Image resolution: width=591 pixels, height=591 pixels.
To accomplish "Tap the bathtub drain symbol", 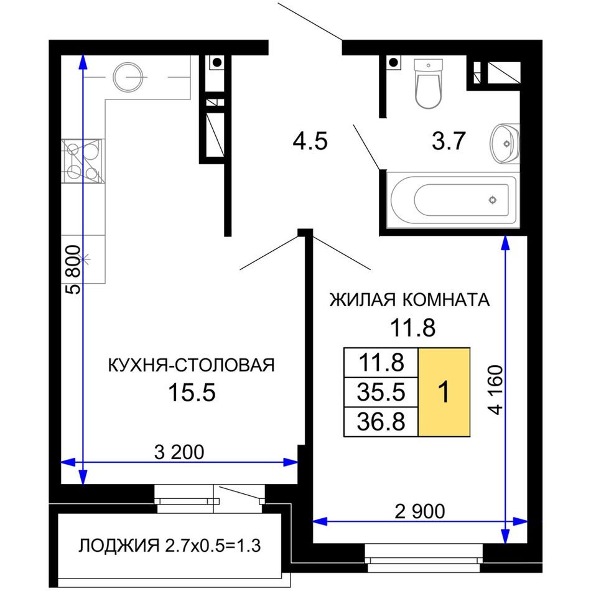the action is click(493, 200).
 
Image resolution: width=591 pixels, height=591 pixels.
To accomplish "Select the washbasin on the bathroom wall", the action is click(505, 144).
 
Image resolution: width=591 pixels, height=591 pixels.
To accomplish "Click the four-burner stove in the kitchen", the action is click(83, 161).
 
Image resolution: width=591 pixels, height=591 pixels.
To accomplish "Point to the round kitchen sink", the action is click(129, 77).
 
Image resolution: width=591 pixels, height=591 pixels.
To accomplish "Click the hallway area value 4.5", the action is click(310, 142).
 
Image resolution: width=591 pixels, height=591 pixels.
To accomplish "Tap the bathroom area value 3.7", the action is click(449, 141).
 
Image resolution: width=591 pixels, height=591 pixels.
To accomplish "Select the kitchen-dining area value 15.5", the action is click(192, 393).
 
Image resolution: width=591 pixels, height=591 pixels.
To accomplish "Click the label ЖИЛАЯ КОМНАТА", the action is click(410, 300).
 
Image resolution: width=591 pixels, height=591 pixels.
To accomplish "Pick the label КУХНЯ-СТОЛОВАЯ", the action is click(192, 365).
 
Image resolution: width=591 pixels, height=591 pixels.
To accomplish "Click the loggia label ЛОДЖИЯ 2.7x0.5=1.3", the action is click(169, 546).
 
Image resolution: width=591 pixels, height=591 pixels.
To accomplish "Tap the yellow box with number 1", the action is click(444, 392).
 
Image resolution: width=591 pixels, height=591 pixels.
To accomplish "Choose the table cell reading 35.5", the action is click(381, 392).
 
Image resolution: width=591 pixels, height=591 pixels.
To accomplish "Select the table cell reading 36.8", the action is click(381, 422).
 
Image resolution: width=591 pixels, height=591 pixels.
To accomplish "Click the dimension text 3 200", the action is click(179, 452).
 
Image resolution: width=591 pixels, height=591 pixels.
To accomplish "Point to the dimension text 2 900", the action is click(419, 511).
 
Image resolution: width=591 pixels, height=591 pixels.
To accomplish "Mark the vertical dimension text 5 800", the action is click(73, 269).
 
